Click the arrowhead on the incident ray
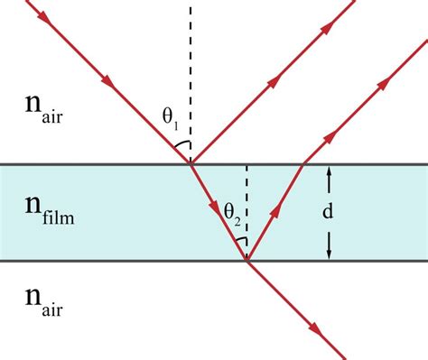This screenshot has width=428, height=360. [x=108, y=82]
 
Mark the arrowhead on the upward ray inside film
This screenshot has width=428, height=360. [x=276, y=209]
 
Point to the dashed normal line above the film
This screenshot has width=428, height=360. [x=191, y=72]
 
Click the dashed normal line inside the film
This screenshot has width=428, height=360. [x=247, y=203]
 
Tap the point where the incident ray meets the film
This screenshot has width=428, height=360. [x=191, y=163]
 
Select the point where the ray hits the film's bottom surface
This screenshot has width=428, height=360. [x=247, y=261]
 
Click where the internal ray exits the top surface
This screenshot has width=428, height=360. [x=302, y=163]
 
